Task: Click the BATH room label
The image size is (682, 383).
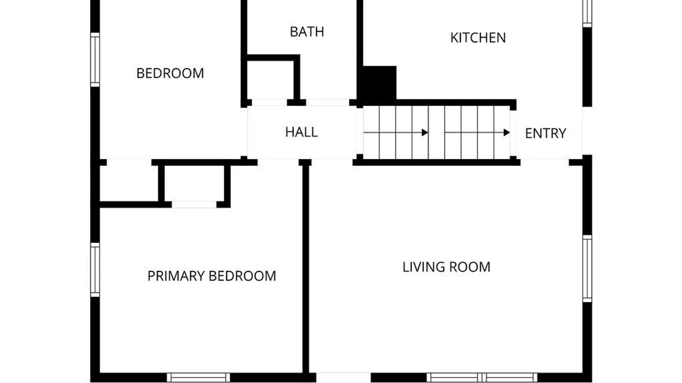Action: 307,32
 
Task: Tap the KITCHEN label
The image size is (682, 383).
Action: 478,38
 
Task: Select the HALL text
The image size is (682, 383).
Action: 301,132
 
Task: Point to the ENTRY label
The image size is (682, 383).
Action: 546,133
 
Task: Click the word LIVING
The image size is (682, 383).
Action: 424,267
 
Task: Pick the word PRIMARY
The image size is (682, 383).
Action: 176,276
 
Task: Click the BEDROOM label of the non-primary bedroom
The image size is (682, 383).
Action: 170,73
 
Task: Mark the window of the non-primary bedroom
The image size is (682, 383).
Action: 95,60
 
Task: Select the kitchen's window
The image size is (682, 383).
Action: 587,13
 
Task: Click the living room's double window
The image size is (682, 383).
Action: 482,377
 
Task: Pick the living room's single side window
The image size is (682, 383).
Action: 587,268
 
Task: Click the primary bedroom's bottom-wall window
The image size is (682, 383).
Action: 198,377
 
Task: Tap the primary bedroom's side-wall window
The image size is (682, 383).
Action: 95,270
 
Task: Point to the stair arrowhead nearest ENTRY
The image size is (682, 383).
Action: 507,133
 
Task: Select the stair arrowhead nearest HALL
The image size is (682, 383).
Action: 425,133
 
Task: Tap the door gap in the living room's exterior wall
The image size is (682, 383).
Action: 343,377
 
